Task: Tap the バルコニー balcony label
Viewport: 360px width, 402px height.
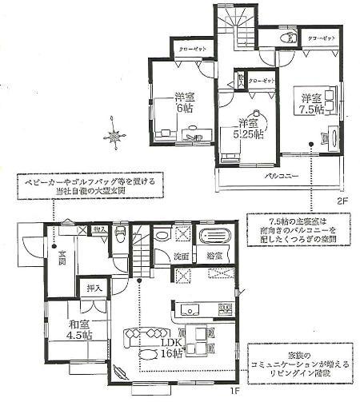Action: (x=278, y=176)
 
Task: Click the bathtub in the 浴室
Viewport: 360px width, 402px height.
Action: (x=214, y=237)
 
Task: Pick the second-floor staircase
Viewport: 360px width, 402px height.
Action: (x=238, y=27)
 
